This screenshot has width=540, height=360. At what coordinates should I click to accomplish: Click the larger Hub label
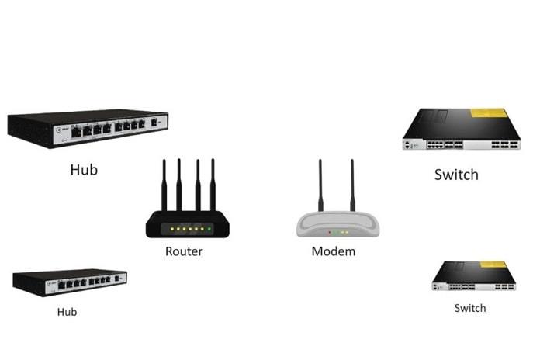click(x=85, y=168)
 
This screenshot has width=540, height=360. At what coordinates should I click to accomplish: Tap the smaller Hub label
click(x=67, y=312)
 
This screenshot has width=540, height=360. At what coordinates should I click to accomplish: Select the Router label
click(x=184, y=251)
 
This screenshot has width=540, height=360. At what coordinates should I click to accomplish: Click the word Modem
click(x=333, y=251)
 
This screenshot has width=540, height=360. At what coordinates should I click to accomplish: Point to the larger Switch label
click(x=455, y=175)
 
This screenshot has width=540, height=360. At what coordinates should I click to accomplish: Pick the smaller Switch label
click(x=469, y=308)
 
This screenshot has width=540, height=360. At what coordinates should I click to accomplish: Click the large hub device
click(x=87, y=128)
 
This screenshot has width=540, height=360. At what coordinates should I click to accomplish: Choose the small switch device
click(x=473, y=276)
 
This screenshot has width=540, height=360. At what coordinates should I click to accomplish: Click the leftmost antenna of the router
click(x=164, y=186)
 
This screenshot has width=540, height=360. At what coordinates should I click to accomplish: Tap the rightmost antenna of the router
click(x=213, y=186)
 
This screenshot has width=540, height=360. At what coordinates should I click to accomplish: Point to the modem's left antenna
click(x=320, y=186)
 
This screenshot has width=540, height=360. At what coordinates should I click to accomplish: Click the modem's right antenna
click(x=351, y=186)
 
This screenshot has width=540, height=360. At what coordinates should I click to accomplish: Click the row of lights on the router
click(x=188, y=230)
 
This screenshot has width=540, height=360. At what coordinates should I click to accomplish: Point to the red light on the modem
click(x=330, y=232)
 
